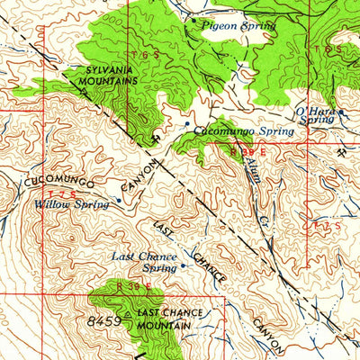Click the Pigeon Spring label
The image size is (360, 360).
click(238, 26)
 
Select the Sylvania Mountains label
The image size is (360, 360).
click(113, 75)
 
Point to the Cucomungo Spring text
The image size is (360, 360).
click(244, 131)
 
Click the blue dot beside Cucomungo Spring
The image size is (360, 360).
click(186, 124)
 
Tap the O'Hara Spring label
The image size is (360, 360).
click(315, 115)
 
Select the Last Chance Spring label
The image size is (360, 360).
click(144, 262)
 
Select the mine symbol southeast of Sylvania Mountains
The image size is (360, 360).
click(157, 137)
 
